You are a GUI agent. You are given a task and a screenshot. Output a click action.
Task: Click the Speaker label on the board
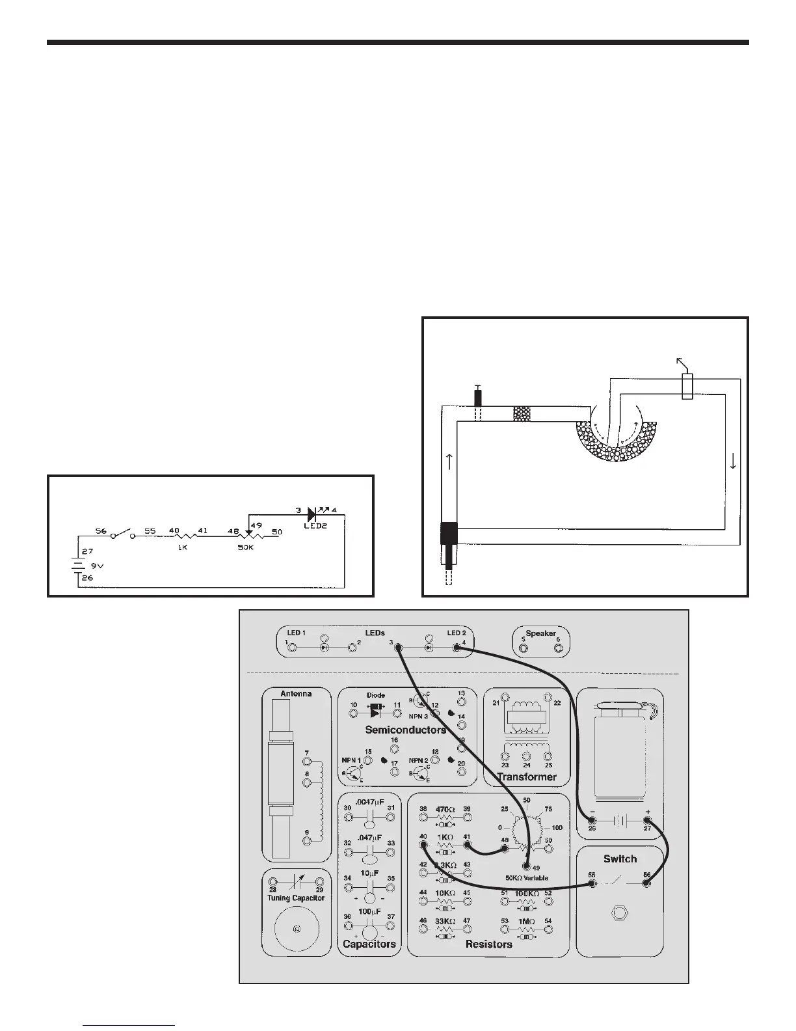[x=540, y=633]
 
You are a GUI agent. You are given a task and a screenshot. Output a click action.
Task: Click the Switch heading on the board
[x=620, y=859]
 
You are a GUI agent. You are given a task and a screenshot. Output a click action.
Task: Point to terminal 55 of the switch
[x=592, y=884]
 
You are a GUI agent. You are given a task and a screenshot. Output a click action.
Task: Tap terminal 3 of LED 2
[x=399, y=648]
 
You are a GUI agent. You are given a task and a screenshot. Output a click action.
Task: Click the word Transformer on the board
[x=527, y=777]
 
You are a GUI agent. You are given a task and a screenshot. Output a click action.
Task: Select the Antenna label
[x=296, y=694]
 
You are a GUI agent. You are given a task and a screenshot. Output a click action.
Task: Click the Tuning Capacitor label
[x=296, y=898]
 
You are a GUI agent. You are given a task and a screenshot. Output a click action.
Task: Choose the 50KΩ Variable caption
[x=527, y=877]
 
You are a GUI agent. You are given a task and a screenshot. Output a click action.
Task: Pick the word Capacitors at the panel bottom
[x=369, y=944]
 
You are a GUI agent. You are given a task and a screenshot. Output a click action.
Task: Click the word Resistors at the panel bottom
[x=489, y=944]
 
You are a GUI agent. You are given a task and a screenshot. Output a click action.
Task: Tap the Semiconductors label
[x=406, y=730]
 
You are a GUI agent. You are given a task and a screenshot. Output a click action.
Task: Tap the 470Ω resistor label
[x=445, y=809]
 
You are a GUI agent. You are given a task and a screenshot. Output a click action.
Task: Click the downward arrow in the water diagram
[x=734, y=462]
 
